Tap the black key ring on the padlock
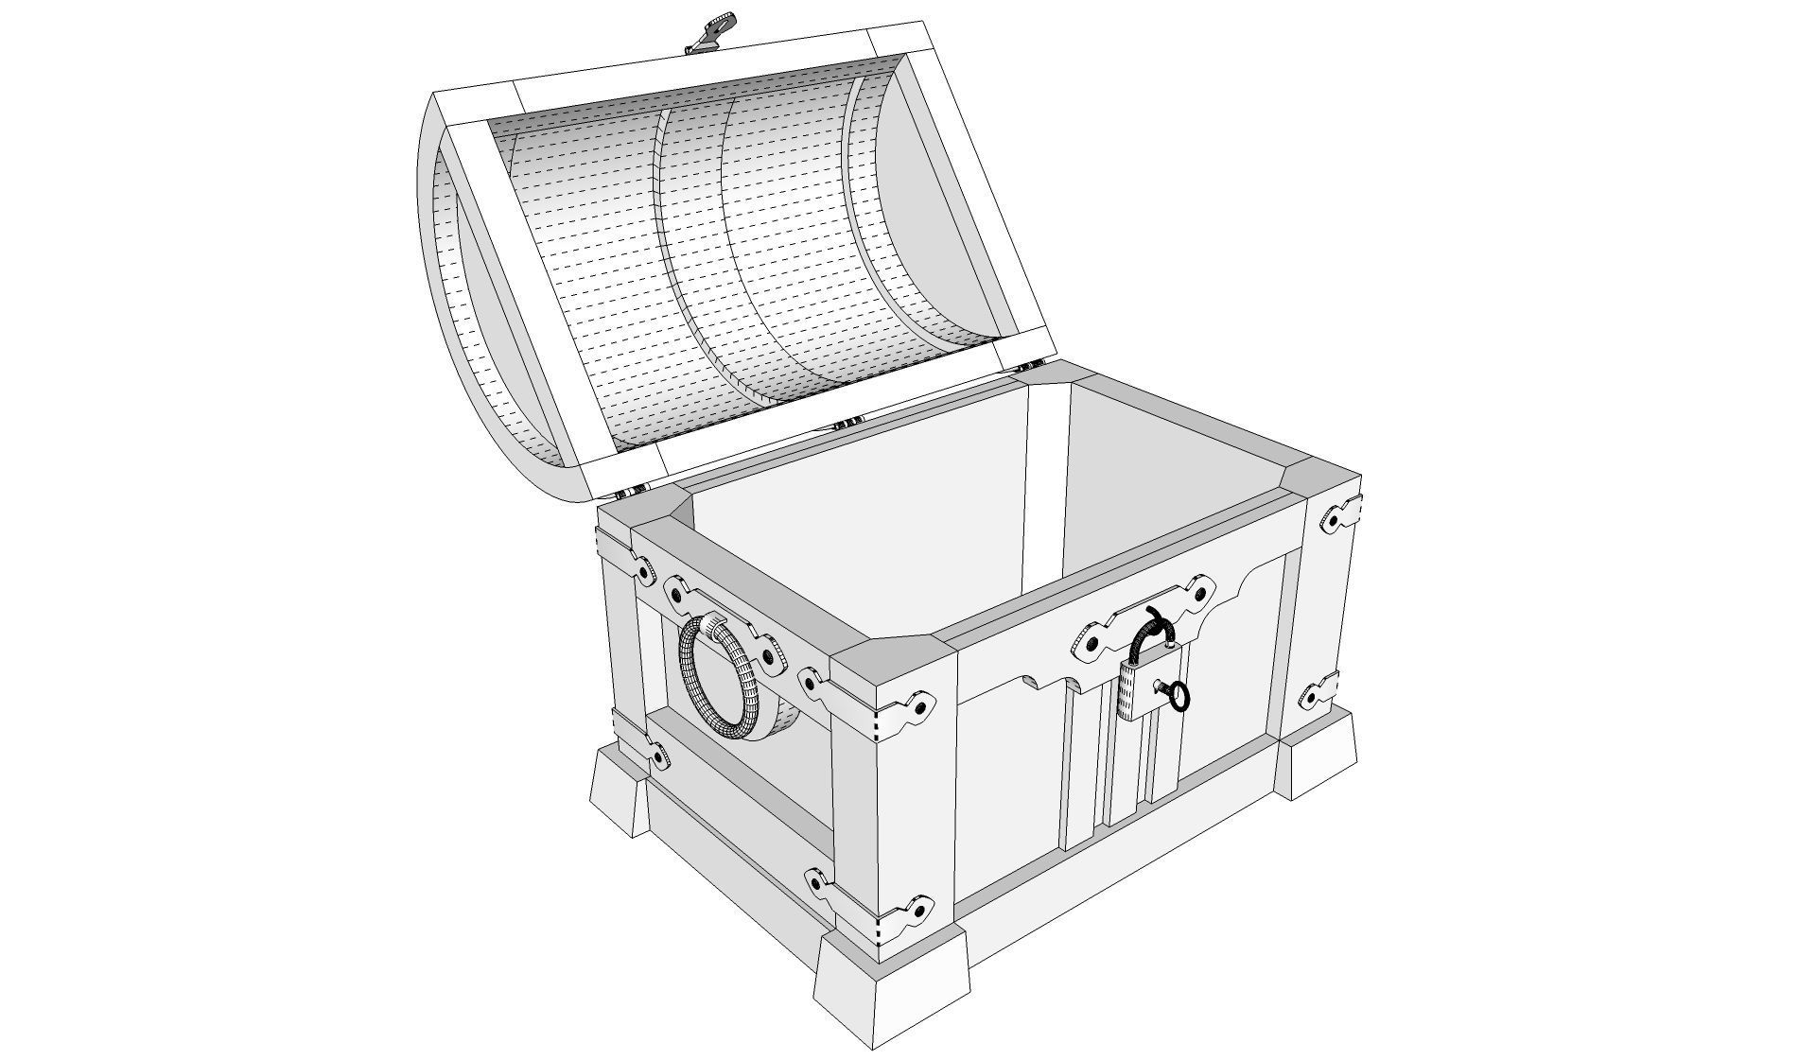(1179, 697)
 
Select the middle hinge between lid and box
(848, 422)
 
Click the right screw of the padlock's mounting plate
(1201, 595)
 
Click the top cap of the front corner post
(890, 668)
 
